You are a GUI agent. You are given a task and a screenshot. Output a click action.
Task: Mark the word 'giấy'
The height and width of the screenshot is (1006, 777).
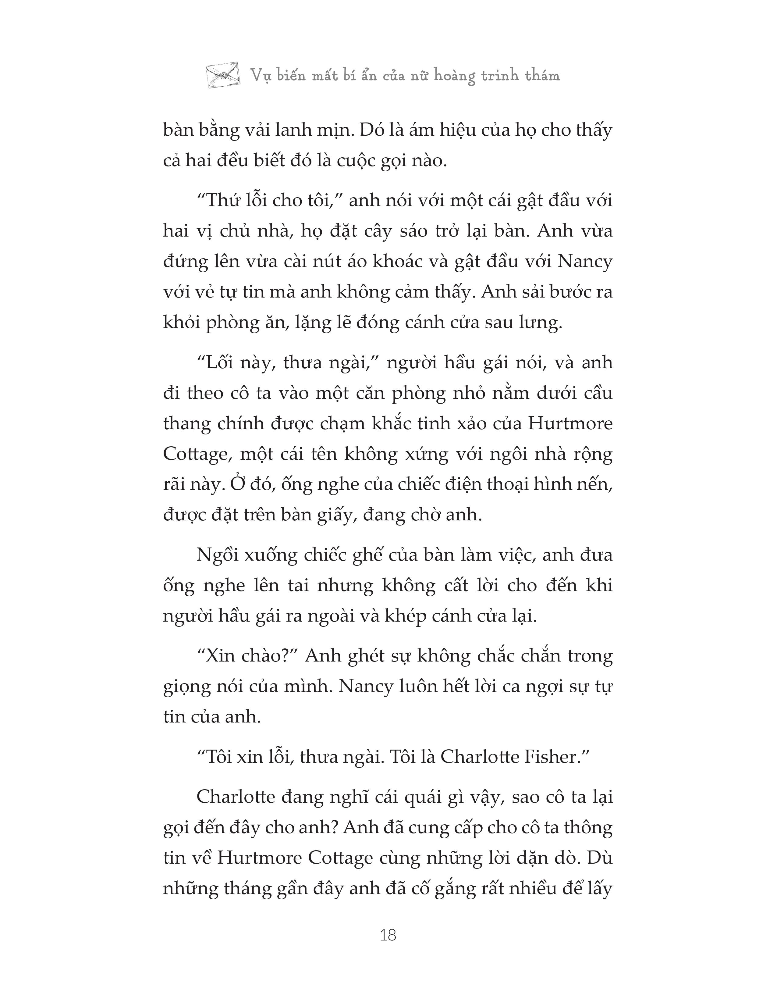click(337, 515)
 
